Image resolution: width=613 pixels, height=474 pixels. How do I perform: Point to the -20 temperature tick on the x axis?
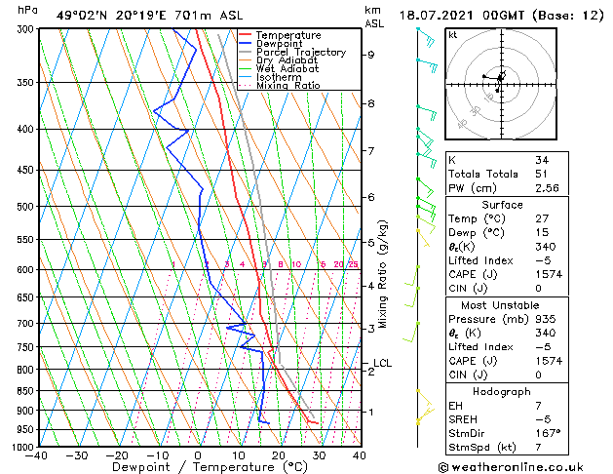pyautogui.click(x=116, y=454)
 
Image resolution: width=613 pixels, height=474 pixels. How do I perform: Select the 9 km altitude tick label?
pyautogui.click(x=370, y=55)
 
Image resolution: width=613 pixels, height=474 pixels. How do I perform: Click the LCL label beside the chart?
pyautogui.click(x=382, y=364)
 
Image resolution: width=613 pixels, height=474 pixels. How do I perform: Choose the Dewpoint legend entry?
pyautogui.click(x=279, y=44)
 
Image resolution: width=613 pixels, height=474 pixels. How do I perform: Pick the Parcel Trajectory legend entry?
pyautogui.click(x=300, y=53)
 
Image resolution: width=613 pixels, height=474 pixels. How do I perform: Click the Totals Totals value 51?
pyautogui.click(x=541, y=174)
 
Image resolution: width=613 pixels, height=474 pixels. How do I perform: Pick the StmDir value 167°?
pyautogui.click(x=547, y=433)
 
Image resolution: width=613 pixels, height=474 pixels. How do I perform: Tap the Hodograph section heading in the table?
pyautogui.click(x=503, y=391)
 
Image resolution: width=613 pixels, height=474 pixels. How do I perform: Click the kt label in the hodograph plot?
pyautogui.click(x=453, y=34)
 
